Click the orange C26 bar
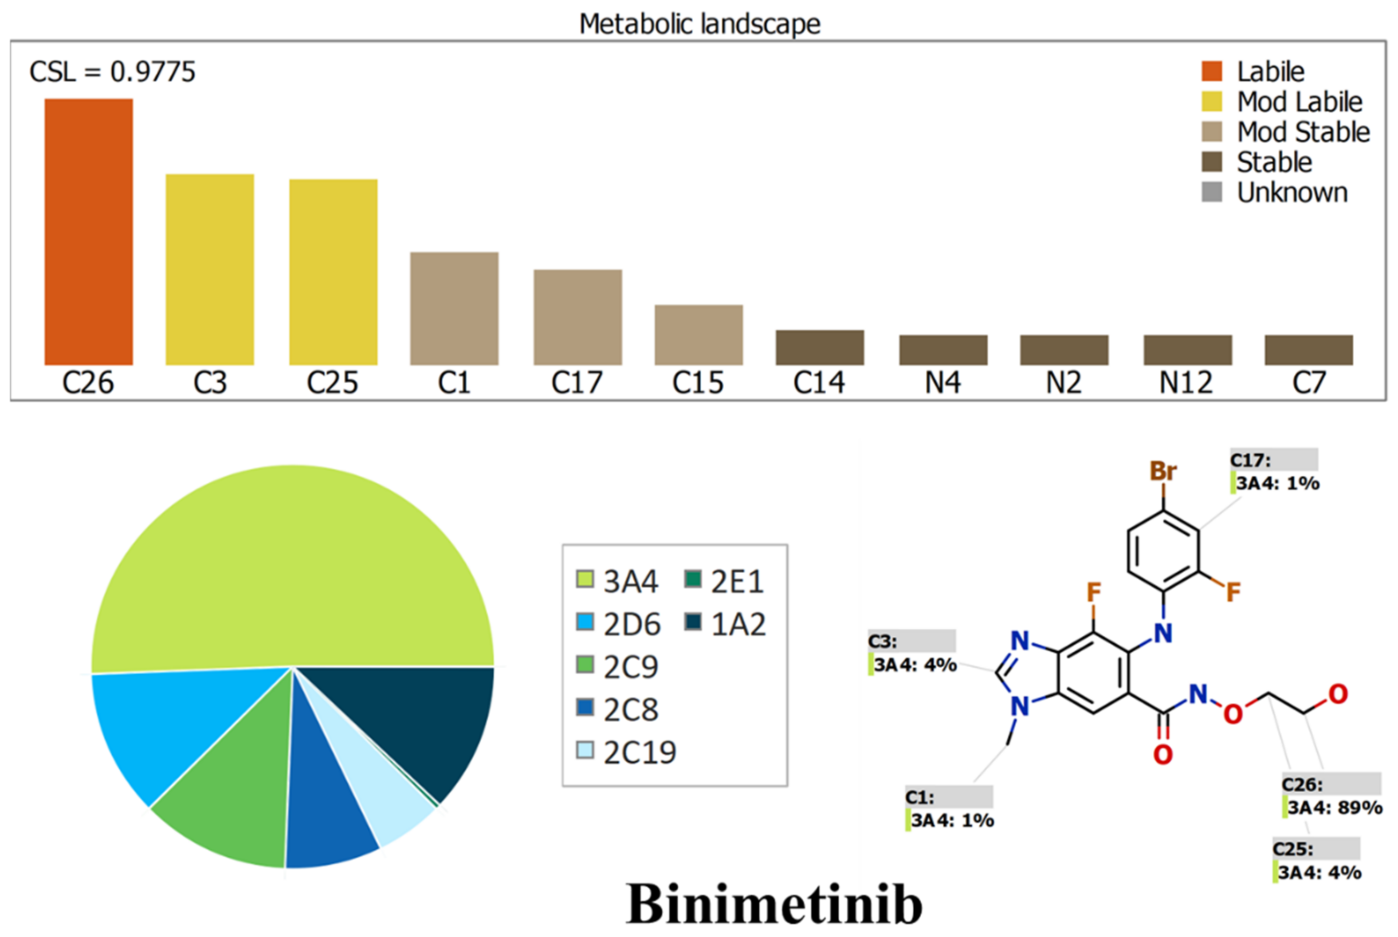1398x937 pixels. coord(88,232)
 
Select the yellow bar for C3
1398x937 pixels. coord(210,269)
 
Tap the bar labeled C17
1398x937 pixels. coord(578,317)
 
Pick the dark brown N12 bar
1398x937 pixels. coord(1188,350)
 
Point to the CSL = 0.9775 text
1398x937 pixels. coord(112,72)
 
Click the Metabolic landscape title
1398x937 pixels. coord(699,24)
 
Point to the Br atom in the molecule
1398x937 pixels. coord(1162,472)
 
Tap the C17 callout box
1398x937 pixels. coord(1274,472)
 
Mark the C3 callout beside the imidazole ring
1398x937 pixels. coord(912,653)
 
